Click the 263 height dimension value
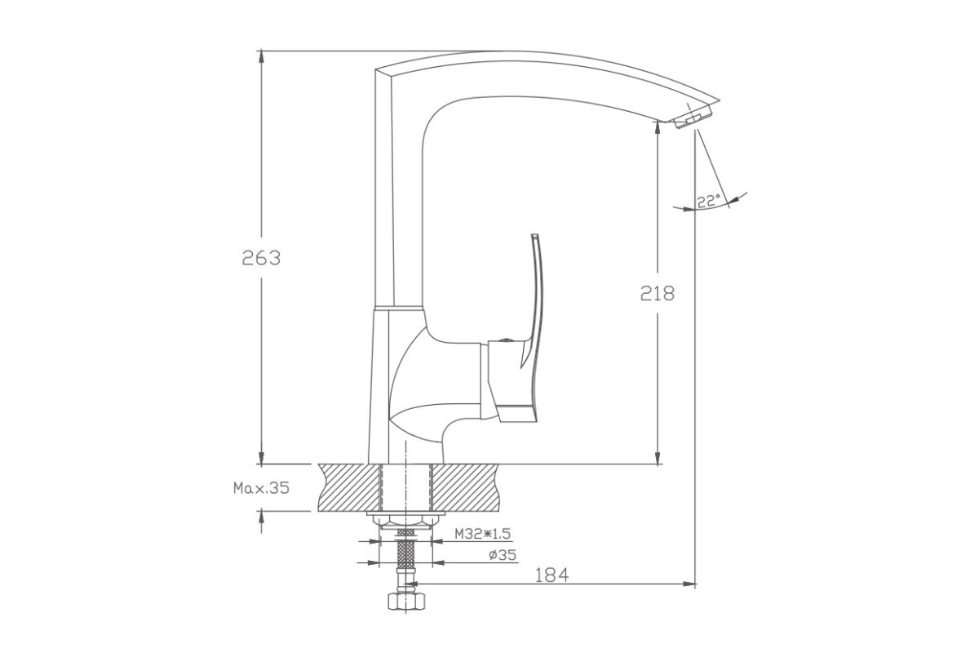[x=261, y=258]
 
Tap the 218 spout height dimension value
[x=658, y=294]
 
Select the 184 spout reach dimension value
[x=552, y=575]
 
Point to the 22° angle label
[x=708, y=201]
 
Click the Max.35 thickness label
[x=261, y=487]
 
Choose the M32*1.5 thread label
[x=482, y=534]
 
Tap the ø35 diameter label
[x=503, y=555]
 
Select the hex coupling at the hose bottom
[x=406, y=601]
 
